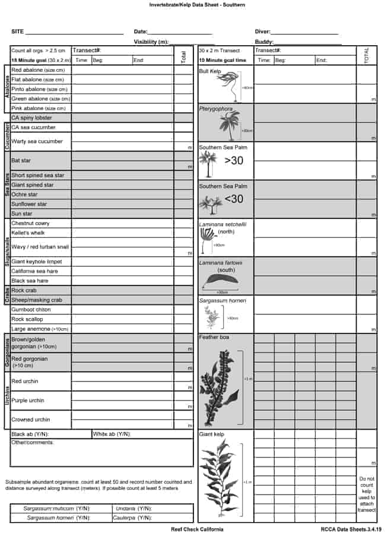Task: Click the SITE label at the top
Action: (x=17, y=31)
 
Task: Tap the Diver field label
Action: (x=263, y=31)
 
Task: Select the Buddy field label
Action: (x=264, y=42)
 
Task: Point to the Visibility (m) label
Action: (x=151, y=42)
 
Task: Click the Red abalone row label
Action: (x=38, y=70)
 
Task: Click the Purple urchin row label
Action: (x=27, y=401)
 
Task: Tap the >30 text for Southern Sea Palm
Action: (x=234, y=160)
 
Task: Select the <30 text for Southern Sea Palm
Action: (x=234, y=199)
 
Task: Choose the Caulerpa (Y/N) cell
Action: (x=133, y=517)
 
